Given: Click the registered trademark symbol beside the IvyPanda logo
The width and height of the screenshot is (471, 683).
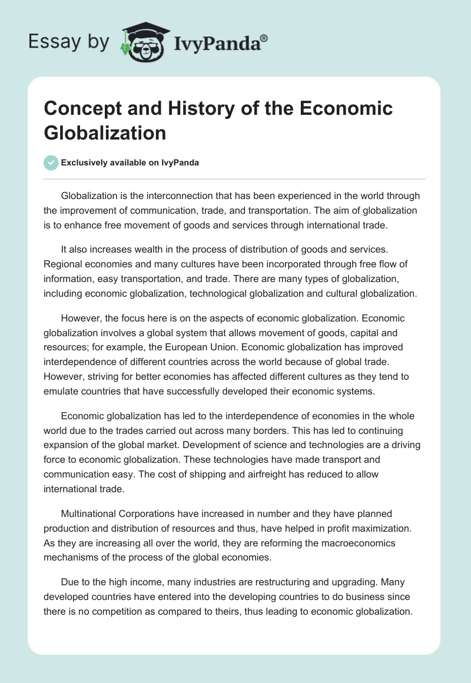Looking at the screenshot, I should pyautogui.click(x=264, y=38).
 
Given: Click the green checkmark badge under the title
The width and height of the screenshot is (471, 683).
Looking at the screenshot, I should pyautogui.click(x=52, y=163).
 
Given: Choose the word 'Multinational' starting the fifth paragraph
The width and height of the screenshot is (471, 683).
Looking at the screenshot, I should pyautogui.click(x=89, y=513).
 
